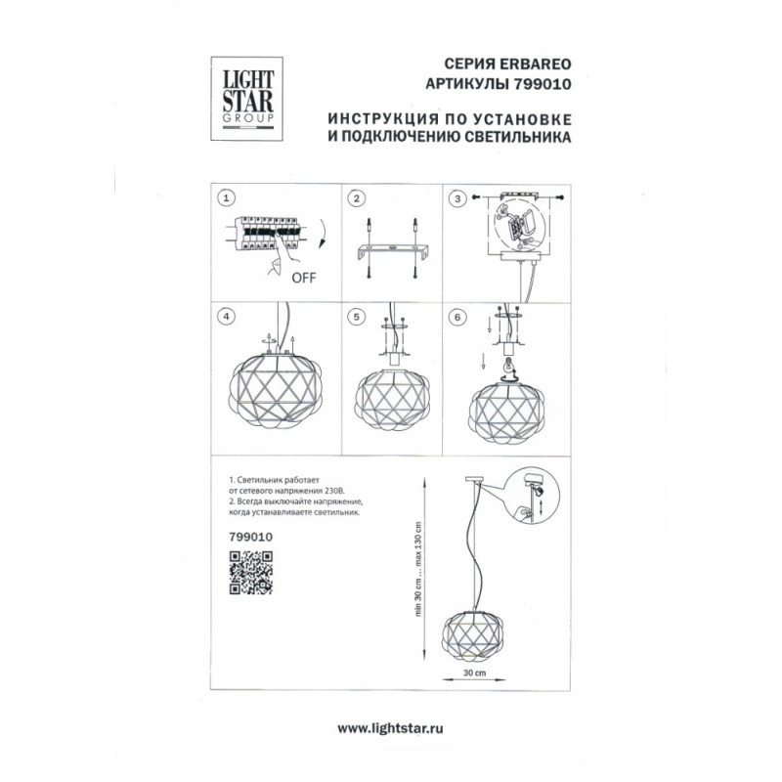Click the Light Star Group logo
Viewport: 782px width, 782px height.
(x=247, y=99)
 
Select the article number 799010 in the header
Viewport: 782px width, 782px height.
(x=541, y=84)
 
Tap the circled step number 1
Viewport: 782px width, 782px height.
(x=227, y=198)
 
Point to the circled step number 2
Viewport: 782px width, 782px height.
(x=356, y=198)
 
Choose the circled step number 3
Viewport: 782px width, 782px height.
(x=457, y=199)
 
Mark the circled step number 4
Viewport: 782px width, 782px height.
(x=227, y=317)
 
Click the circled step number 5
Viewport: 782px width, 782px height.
(x=356, y=317)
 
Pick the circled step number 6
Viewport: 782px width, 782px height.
(x=457, y=317)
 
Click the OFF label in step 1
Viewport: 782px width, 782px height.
(x=304, y=278)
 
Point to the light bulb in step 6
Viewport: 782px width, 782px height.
(x=508, y=365)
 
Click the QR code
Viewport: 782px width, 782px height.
(x=251, y=573)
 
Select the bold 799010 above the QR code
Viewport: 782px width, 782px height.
(x=251, y=537)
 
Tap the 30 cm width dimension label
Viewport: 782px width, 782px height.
(x=474, y=673)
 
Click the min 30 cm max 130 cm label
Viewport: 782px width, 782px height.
(x=418, y=569)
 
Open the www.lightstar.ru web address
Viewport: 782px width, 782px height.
(x=390, y=728)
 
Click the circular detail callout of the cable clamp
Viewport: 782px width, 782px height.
(x=532, y=495)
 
